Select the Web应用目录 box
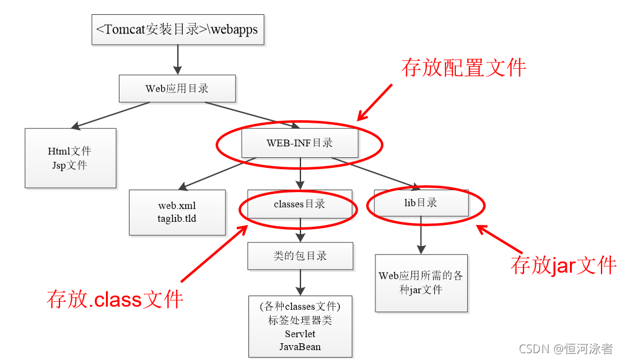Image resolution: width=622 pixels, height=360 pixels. (177, 89)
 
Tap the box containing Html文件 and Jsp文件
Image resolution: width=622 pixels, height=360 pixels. (71, 158)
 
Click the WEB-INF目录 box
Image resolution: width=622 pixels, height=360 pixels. (300, 143)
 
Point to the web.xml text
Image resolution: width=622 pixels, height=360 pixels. (177, 206)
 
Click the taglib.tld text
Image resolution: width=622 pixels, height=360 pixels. (177, 218)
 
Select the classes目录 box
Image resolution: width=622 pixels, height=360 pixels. (299, 204)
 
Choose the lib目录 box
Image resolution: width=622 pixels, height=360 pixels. (421, 203)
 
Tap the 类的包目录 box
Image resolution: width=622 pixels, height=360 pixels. (300, 255)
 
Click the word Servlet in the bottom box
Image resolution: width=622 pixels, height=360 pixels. (300, 334)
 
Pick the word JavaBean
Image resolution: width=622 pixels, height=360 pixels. (300, 346)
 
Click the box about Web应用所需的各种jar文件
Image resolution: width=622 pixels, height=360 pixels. (421, 283)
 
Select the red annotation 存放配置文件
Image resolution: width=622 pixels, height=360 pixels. (463, 68)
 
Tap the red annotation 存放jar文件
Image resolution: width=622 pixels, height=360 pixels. (563, 265)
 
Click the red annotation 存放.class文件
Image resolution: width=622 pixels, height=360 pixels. (115, 299)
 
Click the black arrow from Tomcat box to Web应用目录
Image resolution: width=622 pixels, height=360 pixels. (177, 59)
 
